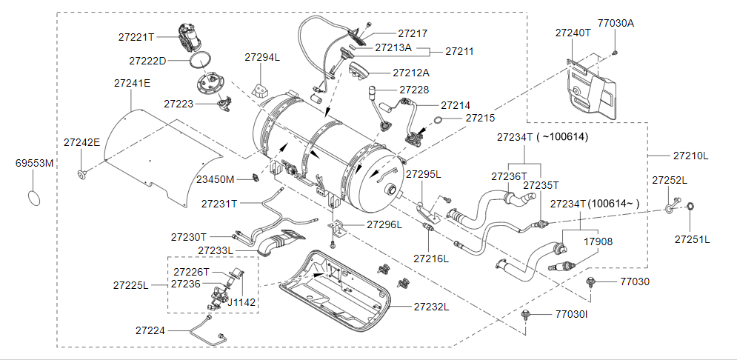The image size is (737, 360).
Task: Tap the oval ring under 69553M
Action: [34, 196]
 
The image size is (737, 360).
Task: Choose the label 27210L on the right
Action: [690, 156]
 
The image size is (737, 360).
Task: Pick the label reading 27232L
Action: [432, 307]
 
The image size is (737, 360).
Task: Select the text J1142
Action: [241, 302]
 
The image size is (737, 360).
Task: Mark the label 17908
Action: [598, 241]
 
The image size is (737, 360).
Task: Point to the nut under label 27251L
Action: [690, 206]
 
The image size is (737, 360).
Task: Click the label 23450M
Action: [215, 179]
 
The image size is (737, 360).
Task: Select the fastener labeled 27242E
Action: [83, 175]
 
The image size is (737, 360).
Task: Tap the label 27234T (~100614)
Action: [542, 137]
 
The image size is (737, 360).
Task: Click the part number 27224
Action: [150, 331]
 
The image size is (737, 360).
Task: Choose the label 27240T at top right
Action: [573, 33]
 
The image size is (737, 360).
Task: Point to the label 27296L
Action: [384, 224]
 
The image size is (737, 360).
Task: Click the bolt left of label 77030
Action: [590, 282]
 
